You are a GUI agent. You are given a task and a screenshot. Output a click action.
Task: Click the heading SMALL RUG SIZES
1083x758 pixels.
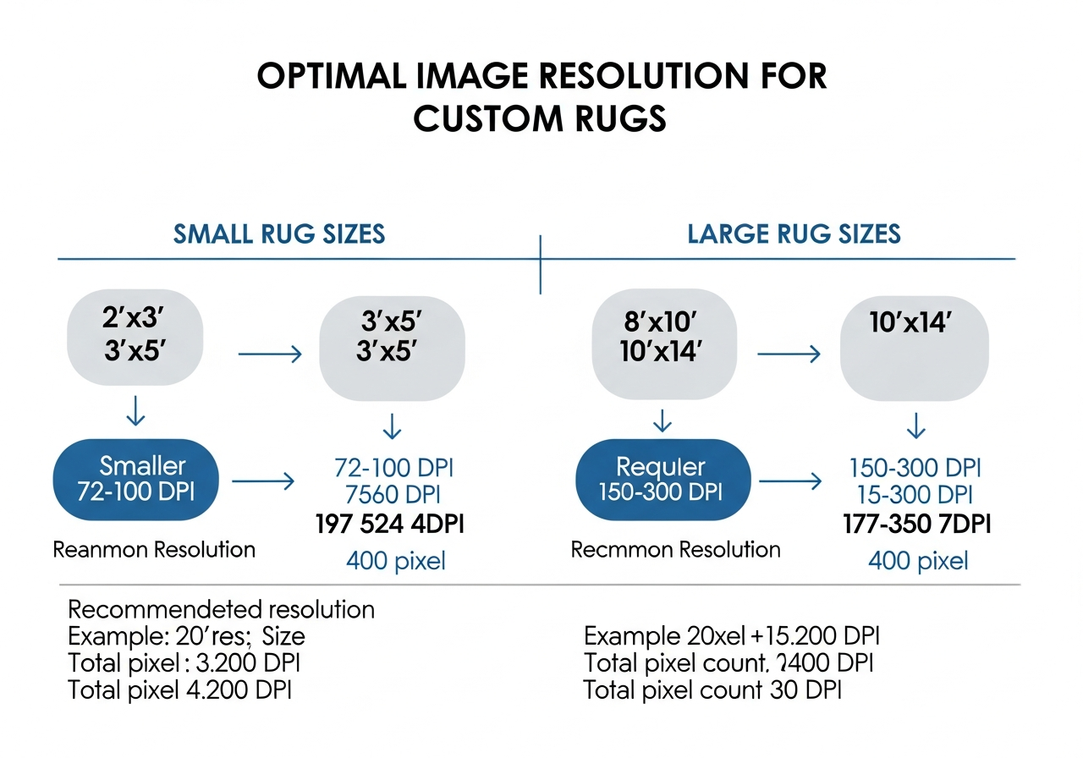pyautogui.click(x=279, y=233)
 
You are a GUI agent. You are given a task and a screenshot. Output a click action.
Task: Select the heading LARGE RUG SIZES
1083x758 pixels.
pyautogui.click(x=794, y=233)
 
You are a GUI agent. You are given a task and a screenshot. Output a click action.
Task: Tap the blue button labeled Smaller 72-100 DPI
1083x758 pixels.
pyautogui.click(x=136, y=479)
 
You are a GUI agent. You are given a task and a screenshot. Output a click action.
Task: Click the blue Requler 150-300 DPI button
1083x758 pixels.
pyautogui.click(x=662, y=479)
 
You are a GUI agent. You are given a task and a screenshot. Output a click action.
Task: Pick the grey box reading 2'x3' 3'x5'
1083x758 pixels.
pyautogui.click(x=135, y=338)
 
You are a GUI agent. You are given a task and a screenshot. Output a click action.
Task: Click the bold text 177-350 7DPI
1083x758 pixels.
pyautogui.click(x=917, y=525)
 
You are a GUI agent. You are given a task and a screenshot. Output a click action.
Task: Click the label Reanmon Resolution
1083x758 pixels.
pyautogui.click(x=154, y=550)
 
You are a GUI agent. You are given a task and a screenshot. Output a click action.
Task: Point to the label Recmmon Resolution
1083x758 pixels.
pyautogui.click(x=675, y=550)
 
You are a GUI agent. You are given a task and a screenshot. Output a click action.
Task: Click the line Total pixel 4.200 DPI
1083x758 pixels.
pyautogui.click(x=179, y=690)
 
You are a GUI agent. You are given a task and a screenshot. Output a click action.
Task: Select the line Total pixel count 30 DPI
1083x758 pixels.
pyautogui.click(x=712, y=690)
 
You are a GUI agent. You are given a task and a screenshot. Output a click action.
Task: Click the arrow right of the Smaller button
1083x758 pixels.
pyautogui.click(x=262, y=482)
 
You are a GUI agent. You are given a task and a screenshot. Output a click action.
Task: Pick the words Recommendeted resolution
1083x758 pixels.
pyautogui.click(x=220, y=609)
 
